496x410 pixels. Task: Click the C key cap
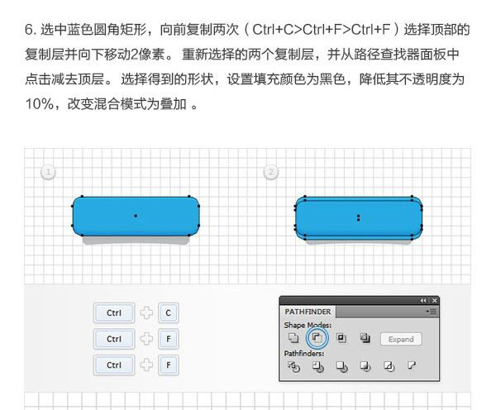169,313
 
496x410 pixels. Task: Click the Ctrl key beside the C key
114,313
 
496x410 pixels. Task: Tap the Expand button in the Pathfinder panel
401,339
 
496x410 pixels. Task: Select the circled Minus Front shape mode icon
317,338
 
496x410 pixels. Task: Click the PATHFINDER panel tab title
308,312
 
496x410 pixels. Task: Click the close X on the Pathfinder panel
435,301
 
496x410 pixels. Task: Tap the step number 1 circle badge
48,172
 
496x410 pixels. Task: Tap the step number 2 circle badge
271,172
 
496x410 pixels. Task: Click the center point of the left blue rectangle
136,216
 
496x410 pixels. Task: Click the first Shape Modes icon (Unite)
293,338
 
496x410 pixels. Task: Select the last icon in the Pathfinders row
412,366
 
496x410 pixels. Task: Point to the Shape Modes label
308,325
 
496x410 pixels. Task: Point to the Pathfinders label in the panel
304,353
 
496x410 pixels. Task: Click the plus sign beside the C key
146,313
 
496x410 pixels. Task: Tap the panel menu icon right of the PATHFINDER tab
432,312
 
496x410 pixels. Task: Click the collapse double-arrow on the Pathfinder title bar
423,301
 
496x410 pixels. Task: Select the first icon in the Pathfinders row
293,366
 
